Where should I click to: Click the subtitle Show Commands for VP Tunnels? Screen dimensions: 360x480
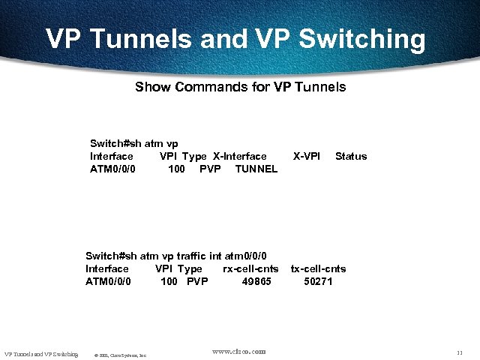tap(240, 87)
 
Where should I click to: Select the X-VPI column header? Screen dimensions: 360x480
tap(306, 156)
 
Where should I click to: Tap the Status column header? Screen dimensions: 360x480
tap(351, 156)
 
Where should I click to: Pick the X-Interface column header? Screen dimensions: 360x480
tap(240, 156)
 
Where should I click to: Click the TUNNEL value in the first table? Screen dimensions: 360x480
tap(256, 169)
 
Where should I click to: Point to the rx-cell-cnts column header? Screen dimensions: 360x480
tap(250, 268)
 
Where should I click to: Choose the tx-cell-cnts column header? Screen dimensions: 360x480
tap(318, 268)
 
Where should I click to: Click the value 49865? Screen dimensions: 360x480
tap(256, 281)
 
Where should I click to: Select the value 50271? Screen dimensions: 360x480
tap(318, 281)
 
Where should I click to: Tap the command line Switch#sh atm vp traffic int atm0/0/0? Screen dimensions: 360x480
tap(176, 256)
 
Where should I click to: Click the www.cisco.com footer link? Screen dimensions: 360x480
tap(238, 351)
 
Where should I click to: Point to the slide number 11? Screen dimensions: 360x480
tap(459, 352)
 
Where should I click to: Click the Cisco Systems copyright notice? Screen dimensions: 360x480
tap(120, 355)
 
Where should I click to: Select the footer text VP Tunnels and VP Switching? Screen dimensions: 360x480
tap(41, 353)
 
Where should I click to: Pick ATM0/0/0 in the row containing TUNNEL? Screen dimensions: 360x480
tap(112, 169)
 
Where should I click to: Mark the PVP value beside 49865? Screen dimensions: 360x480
tap(197, 281)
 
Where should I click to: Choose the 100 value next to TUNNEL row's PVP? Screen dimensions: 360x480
tap(176, 169)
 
